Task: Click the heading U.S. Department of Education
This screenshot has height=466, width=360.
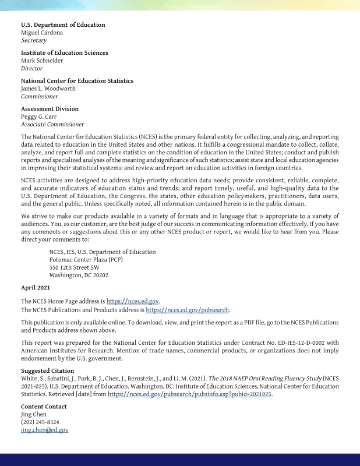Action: pos(63,25)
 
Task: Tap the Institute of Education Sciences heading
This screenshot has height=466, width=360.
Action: pos(64,53)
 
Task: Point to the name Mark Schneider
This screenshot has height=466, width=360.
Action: pos(42,61)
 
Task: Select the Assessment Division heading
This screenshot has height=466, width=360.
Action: pos(50,109)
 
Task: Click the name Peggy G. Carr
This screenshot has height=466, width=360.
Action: pos(43,116)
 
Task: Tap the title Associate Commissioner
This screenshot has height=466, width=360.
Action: pos(52,124)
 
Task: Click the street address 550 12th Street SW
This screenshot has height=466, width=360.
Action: pos(74,267)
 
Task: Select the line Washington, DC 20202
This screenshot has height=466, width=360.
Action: pos(79,276)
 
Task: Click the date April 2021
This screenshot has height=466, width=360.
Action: pos(36,288)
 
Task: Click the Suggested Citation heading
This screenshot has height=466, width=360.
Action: pos(48,370)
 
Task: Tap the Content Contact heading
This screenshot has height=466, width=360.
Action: pos(44,407)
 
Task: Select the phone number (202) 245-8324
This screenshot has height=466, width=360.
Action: pos(40,422)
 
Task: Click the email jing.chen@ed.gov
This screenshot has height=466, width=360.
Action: pos(44,430)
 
